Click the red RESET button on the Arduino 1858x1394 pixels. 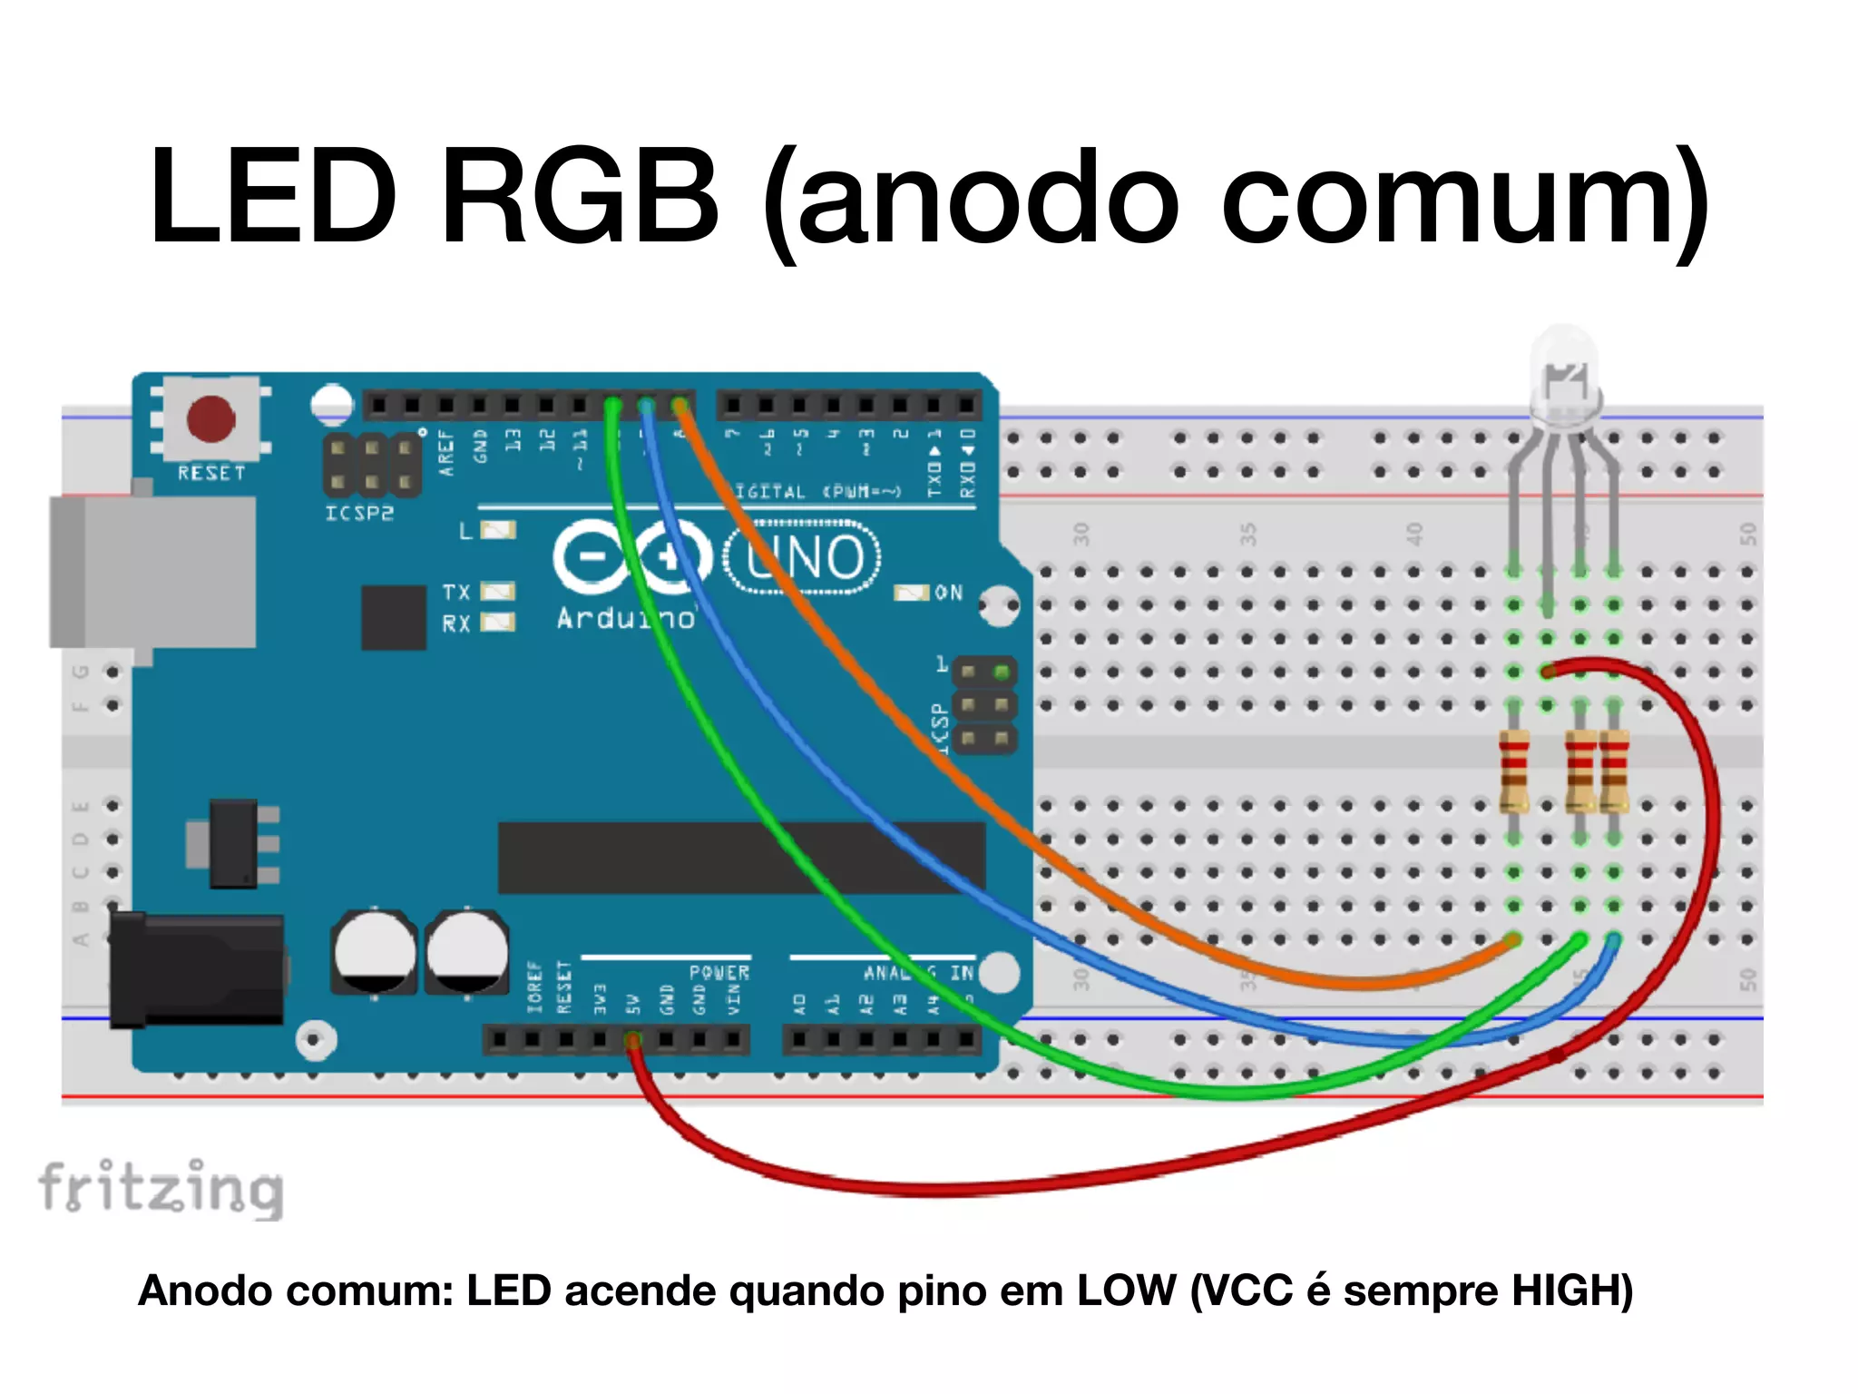210,419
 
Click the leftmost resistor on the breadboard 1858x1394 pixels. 1513,771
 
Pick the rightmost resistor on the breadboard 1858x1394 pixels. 1614,771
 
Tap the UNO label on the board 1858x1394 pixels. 802,556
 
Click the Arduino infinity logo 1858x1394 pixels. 632,555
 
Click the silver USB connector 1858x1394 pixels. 152,572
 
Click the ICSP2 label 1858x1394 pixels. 359,514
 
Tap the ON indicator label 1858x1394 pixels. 948,593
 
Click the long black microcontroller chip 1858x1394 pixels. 741,858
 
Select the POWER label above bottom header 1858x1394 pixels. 719,972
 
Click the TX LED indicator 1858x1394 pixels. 497,592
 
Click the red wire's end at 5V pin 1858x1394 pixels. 633,1040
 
